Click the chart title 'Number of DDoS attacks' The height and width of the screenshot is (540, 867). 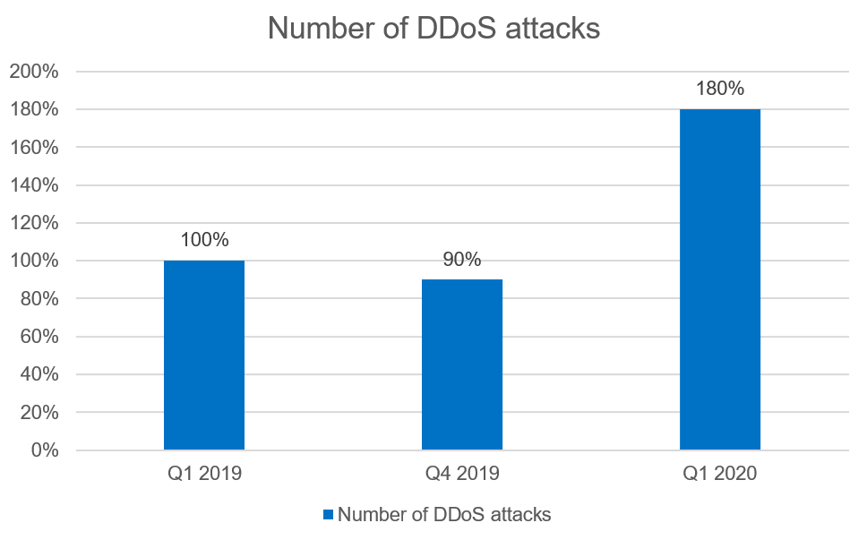point(433,29)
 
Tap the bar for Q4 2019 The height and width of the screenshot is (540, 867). point(462,364)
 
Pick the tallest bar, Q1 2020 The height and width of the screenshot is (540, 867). point(720,279)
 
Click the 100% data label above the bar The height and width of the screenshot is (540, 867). point(204,240)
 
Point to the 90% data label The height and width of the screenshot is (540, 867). point(462,260)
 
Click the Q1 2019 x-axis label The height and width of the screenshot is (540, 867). point(204,474)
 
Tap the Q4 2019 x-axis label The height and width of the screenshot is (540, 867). point(462,474)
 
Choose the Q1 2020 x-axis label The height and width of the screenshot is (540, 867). point(720,474)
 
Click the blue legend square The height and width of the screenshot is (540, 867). point(328,515)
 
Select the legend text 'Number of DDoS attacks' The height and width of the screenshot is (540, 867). point(444,515)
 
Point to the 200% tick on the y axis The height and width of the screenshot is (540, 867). point(33,72)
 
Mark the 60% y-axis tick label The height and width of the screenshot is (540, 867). point(39,337)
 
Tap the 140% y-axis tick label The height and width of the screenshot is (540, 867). point(33,185)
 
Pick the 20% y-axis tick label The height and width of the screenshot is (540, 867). point(39,413)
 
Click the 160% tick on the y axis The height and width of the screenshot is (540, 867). point(33,148)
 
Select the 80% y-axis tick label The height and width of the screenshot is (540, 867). point(39,299)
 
